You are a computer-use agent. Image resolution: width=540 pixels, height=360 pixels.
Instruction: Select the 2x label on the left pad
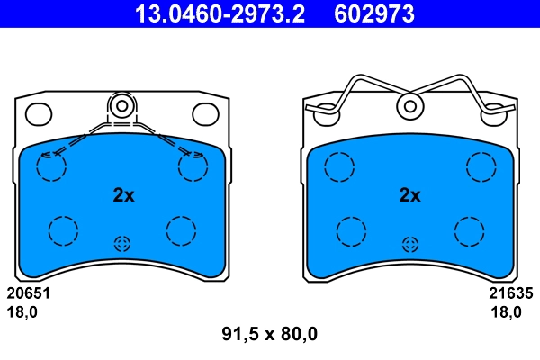click(x=123, y=194)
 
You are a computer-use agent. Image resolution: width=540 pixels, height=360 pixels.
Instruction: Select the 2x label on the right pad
click(x=409, y=194)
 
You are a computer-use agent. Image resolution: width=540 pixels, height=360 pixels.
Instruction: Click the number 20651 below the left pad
click(x=28, y=293)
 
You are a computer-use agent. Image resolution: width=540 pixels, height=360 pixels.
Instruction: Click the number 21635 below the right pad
click(x=511, y=293)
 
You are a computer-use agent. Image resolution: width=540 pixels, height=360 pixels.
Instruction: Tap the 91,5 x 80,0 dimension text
click(x=270, y=335)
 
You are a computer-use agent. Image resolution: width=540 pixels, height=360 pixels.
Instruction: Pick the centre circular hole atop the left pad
click(x=122, y=106)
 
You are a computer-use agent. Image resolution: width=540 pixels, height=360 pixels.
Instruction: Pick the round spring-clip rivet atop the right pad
click(x=410, y=106)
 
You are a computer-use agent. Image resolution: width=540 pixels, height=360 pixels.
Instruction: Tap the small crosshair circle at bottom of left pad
click(x=122, y=243)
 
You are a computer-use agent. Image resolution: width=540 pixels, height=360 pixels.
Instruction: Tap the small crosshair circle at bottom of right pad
click(x=410, y=243)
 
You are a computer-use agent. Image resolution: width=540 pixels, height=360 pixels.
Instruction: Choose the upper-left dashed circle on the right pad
click(x=339, y=166)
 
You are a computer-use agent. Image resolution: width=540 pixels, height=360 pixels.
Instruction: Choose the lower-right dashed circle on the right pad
click(x=469, y=230)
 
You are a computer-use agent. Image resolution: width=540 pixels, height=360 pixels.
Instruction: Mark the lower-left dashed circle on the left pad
click(x=63, y=230)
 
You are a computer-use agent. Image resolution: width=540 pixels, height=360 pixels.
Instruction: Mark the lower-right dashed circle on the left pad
click(x=181, y=230)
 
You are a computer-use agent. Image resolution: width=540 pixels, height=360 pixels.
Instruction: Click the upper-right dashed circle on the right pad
click(x=481, y=166)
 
